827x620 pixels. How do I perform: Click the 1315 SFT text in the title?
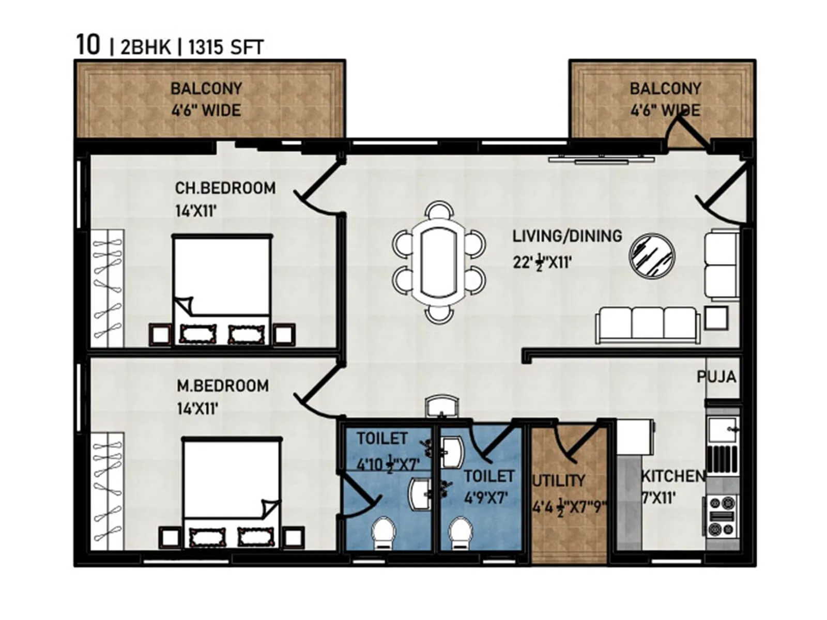click(x=225, y=48)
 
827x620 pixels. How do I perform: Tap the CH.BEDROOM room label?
click(x=225, y=188)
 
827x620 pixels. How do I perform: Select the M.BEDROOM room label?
click(x=222, y=386)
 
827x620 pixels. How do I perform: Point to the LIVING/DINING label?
click(x=567, y=236)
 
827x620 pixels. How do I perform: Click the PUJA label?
click(x=716, y=377)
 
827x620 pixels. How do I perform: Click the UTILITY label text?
click(x=559, y=481)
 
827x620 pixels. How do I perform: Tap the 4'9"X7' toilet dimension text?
click(x=485, y=499)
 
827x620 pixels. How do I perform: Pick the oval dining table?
click(x=438, y=262)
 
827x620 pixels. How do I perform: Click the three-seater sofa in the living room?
click(x=648, y=325)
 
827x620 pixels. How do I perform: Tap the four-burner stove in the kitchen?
click(x=722, y=515)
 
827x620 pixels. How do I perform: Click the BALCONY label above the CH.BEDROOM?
click(x=206, y=89)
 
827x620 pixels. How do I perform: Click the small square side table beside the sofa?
click(x=716, y=318)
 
